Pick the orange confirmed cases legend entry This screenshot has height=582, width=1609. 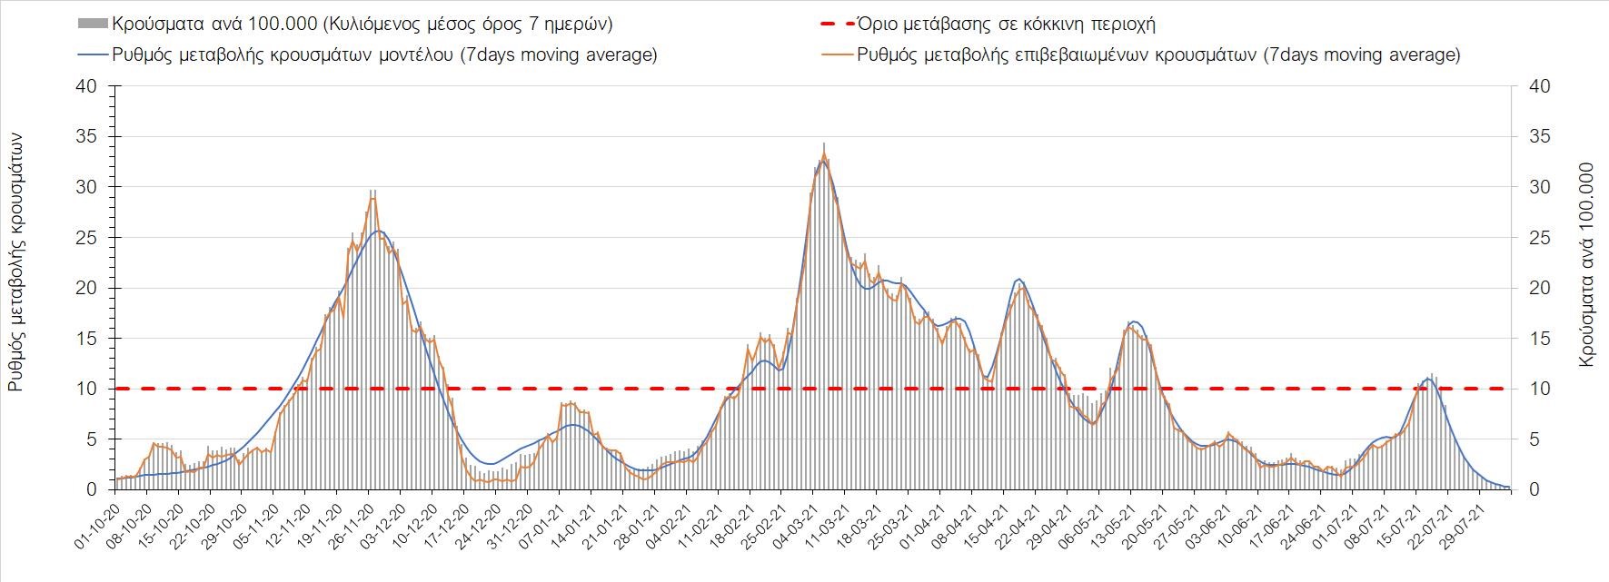pyautogui.click(x=1158, y=54)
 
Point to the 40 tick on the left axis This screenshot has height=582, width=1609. pyautogui.click(x=87, y=86)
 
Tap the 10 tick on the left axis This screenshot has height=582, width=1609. pyautogui.click(x=87, y=389)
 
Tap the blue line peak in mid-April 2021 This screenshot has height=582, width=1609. pyautogui.click(x=1019, y=279)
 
